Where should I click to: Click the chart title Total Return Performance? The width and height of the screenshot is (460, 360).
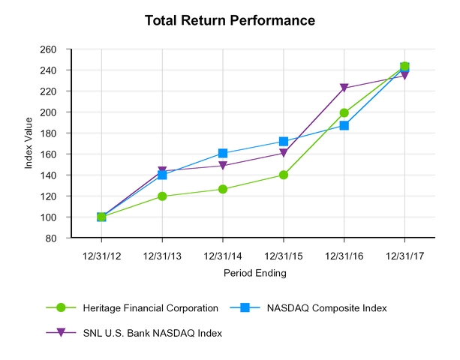coord(230,20)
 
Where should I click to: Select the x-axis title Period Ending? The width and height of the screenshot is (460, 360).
coord(254,274)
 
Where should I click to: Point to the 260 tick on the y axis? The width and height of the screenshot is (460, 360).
coord(49,49)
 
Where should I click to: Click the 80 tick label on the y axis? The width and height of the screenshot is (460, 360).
coord(51,238)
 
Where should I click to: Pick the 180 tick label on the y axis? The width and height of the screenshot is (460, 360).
coord(49,133)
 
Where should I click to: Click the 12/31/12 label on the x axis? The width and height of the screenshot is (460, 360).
coord(101,256)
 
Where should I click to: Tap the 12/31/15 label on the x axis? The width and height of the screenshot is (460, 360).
coord(284,256)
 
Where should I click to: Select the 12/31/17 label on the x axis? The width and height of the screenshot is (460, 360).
coord(405,256)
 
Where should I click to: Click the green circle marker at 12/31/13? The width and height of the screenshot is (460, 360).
coord(162,196)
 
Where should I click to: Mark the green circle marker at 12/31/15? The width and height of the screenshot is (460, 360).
coord(284,175)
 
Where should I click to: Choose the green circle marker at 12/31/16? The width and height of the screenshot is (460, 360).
coord(344,113)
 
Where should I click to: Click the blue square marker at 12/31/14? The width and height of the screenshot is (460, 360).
coord(223,154)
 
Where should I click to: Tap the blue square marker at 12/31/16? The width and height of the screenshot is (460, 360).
coord(344,125)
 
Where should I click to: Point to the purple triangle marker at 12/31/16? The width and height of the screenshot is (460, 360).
coord(344,88)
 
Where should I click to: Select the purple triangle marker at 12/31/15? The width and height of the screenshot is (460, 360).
coord(284,154)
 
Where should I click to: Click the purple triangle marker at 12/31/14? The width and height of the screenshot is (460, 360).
coord(223,166)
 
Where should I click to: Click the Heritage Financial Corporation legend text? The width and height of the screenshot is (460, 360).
coord(151,307)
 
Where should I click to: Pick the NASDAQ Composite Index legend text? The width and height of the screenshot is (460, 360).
coord(331,307)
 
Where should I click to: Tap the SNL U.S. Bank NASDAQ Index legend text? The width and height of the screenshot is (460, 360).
coord(153,332)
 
